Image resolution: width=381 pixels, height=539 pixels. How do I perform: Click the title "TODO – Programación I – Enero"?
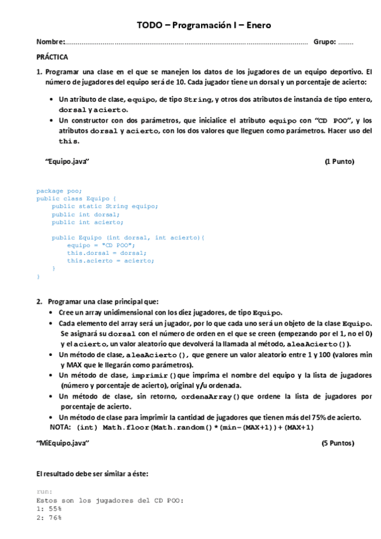pos(204,25)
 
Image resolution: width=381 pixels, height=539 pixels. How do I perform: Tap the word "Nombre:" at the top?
pos(50,42)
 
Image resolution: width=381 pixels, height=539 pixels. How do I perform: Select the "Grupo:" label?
pos(324,42)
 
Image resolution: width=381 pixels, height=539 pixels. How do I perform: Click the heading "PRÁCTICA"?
pos(53,57)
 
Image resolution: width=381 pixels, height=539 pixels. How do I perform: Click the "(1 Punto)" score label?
pos(339,161)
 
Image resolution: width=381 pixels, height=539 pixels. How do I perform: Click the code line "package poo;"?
pos(59,190)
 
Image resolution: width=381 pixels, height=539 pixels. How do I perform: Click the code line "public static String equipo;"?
pos(104,206)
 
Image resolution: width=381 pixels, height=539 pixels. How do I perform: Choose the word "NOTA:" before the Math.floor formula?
pos(60,427)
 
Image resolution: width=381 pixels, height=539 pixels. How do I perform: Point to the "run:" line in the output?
pos(44,491)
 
